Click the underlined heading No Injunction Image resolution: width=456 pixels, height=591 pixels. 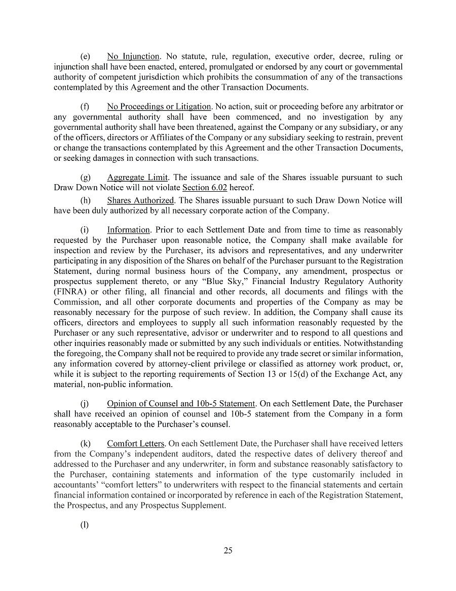point(134,56)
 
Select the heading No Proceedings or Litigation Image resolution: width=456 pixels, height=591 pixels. point(159,107)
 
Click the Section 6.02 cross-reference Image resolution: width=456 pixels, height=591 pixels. point(204,187)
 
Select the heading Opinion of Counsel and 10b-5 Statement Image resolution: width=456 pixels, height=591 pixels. point(181,404)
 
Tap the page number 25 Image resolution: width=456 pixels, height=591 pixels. point(228,551)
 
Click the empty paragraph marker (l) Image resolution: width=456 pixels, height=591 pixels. point(85,526)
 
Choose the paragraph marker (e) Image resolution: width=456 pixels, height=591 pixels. point(85,56)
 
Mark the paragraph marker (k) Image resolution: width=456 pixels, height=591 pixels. point(85,444)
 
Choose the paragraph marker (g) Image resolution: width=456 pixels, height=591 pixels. point(85,177)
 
